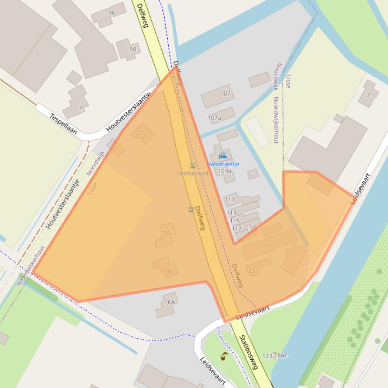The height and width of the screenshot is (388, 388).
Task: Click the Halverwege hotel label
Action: pyautogui.click(x=223, y=164)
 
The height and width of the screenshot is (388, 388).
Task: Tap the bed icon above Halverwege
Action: pyautogui.click(x=223, y=157)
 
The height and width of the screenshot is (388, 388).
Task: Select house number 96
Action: pyautogui.click(x=111, y=13)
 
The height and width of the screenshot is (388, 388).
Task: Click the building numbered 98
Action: pyautogui.click(x=133, y=49)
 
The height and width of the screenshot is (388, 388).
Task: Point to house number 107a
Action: pyautogui.click(x=215, y=118)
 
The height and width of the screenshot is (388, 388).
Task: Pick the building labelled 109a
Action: pyautogui.click(x=225, y=171)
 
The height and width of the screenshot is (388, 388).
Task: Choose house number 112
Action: pyautogui.click(x=141, y=136)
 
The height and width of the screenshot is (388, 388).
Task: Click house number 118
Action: pyautogui.click(x=164, y=233)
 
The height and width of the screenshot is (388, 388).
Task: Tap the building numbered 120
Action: pyautogui.click(x=166, y=272)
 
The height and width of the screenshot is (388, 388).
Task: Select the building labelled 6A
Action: pyautogui.click(x=171, y=302)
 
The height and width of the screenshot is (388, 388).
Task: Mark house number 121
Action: pyautogui.click(x=264, y=246)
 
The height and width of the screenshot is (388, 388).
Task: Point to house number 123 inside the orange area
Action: pyautogui.click(x=250, y=271)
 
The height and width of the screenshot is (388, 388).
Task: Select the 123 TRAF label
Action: pyautogui.click(x=275, y=356)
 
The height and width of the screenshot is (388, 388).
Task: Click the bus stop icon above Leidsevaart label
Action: pyautogui.click(x=192, y=165)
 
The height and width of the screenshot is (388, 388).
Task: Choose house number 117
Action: pyautogui.click(x=236, y=229)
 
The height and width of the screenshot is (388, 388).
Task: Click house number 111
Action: pyautogui.click(x=230, y=200)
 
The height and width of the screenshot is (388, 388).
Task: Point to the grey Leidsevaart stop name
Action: pyautogui.click(x=192, y=173)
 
